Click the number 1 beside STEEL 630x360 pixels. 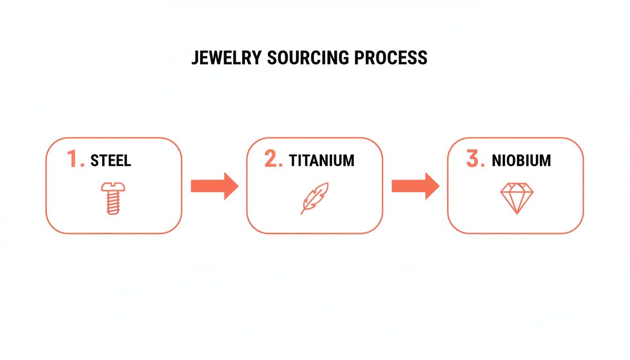(x=74, y=159)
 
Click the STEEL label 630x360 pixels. (x=111, y=161)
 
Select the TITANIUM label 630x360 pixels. (x=322, y=161)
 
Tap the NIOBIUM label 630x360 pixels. (x=521, y=161)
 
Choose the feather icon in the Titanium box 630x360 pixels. (x=315, y=198)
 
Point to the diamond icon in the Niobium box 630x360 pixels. (x=517, y=198)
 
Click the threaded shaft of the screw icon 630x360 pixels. (x=112, y=204)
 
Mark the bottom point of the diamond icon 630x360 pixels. (x=517, y=213)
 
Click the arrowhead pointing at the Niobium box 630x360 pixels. (x=432, y=186)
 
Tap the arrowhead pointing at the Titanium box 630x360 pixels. (x=231, y=186)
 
